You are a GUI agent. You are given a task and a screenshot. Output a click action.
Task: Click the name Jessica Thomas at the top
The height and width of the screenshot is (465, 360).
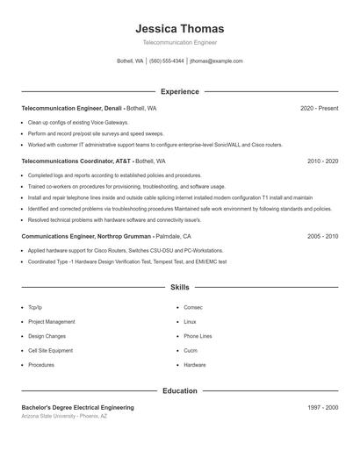[180, 29]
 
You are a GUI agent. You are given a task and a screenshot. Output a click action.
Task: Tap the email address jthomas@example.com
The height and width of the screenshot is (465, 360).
[216, 61]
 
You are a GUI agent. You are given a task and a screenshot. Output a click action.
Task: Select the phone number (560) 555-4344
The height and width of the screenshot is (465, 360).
[167, 61]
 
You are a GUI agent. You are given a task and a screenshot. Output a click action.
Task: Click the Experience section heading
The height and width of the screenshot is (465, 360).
[180, 91]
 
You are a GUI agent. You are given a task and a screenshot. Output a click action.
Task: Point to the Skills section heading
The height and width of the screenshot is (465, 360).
[180, 287]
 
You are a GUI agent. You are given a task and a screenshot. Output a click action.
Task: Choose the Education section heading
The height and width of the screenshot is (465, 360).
[180, 390]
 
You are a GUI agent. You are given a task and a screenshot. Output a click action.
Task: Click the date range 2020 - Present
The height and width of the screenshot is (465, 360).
[319, 108]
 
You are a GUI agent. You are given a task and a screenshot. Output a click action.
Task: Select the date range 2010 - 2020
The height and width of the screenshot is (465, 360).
[322, 161]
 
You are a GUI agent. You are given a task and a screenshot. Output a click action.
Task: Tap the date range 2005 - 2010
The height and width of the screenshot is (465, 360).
[322, 237]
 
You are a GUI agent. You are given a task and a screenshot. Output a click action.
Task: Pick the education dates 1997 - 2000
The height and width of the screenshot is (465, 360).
[322, 408]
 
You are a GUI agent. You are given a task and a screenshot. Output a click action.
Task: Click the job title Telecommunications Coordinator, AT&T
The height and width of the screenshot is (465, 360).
[76, 161]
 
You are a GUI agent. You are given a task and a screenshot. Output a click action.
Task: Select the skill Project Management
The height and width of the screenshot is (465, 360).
[51, 322]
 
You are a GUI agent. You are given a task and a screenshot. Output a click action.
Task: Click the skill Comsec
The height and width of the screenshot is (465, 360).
[193, 308]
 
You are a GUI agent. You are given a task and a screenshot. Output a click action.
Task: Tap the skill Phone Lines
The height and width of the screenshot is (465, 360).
[198, 336]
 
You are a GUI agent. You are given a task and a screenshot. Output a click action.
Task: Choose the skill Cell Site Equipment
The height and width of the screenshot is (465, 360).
[50, 350]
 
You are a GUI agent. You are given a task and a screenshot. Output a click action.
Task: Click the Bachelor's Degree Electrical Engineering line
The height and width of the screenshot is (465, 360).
[77, 408]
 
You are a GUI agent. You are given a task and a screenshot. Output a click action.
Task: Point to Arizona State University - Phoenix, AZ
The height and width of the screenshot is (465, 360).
[64, 416]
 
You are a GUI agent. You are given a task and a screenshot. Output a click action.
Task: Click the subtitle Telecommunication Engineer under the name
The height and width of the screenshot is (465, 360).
[180, 42]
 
